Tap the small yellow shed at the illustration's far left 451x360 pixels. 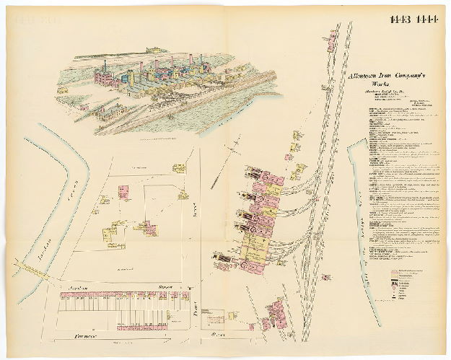[x=63, y=91]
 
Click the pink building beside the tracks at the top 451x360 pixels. [x=333, y=43]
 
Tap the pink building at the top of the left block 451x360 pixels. [x=123, y=192]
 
